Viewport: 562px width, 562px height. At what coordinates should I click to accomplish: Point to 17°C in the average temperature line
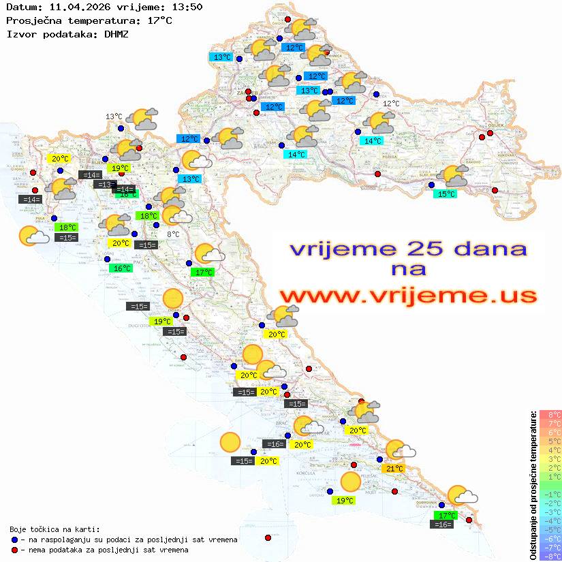[x=159, y=20]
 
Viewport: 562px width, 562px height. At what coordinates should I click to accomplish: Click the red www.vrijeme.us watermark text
[x=407, y=296]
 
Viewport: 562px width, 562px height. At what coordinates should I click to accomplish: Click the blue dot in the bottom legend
[x=14, y=540]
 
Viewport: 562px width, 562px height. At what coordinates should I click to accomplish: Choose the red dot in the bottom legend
[x=14, y=550]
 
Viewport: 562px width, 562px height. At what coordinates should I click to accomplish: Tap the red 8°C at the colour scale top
[x=550, y=415]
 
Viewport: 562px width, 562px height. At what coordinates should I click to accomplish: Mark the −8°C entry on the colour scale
[x=550, y=556]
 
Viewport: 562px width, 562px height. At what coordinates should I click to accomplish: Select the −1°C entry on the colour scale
[x=550, y=494]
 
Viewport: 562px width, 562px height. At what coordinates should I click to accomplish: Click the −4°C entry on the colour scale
[x=550, y=520]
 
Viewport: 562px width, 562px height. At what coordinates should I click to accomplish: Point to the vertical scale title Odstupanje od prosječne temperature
[x=533, y=484]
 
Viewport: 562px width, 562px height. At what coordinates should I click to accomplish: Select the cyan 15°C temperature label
[x=446, y=194]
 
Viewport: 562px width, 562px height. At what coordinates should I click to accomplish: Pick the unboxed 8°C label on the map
[x=173, y=234]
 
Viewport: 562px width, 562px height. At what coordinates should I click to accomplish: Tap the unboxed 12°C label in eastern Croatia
[x=391, y=104]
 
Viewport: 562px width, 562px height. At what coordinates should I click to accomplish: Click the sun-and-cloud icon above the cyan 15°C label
[x=455, y=176]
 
